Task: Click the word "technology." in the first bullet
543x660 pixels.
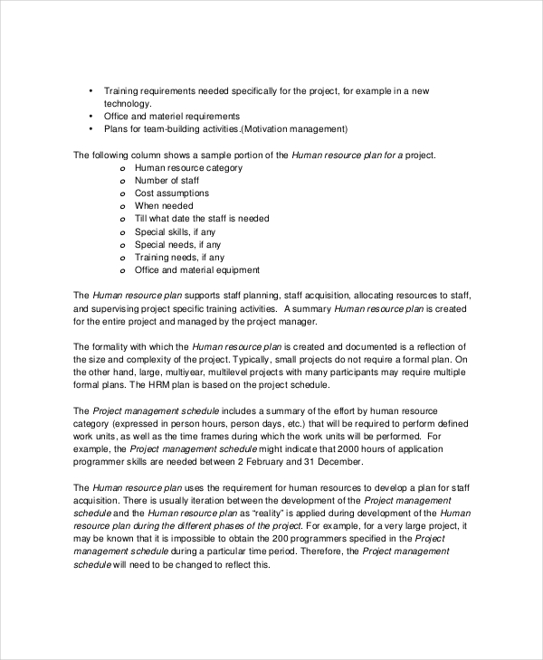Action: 129,104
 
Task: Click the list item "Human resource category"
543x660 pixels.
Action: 188,168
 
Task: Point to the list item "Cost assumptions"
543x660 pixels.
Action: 171,193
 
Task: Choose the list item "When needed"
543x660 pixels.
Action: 164,206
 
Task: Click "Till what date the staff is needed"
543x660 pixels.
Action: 201,219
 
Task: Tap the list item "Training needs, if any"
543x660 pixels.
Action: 180,257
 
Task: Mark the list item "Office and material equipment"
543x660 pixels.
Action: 196,269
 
